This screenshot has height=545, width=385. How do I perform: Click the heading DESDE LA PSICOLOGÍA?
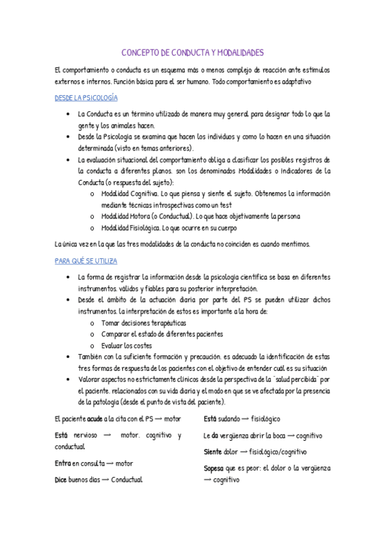pyautogui.click(x=85, y=98)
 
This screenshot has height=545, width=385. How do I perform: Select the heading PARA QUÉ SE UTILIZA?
pyautogui.click(x=85, y=261)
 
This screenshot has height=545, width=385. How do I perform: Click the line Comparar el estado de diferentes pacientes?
pyautogui.click(x=162, y=334)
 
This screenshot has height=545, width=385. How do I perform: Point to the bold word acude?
pyautogui.click(x=95, y=419)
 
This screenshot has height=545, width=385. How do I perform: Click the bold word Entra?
pyautogui.click(x=62, y=463)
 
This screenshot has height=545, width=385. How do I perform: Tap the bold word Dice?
pyautogui.click(x=62, y=479)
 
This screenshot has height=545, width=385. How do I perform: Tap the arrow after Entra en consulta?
pyautogui.click(x=109, y=463)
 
